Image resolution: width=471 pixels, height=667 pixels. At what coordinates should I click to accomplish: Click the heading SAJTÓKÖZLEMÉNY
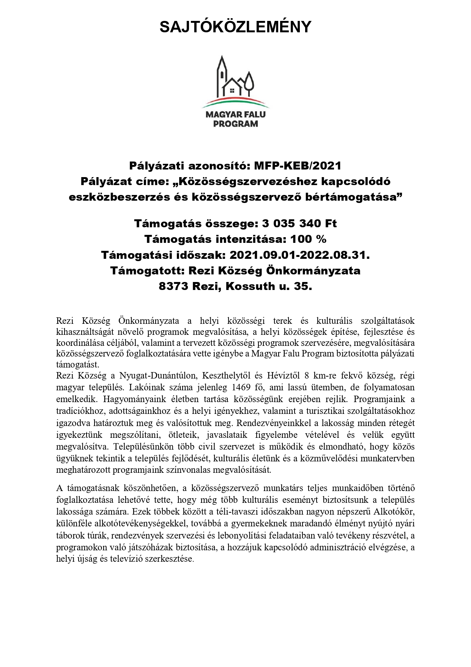click(235, 27)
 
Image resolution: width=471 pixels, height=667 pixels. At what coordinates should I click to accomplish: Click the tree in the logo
click(249, 82)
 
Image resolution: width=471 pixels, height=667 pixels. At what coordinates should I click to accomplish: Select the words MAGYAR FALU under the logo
click(235, 114)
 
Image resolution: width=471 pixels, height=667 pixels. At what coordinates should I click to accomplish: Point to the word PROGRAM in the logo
click(235, 124)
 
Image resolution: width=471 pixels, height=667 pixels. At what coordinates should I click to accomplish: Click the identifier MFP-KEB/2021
click(298, 166)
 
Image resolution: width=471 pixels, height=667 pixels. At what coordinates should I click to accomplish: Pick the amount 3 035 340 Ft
click(294, 223)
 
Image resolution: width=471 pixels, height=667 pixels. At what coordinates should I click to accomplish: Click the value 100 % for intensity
click(308, 239)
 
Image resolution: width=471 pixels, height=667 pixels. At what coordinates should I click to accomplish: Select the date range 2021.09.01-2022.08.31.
click(299, 255)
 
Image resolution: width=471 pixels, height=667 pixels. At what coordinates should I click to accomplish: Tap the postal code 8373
click(174, 286)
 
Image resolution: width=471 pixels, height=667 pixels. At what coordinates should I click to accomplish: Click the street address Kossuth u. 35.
click(269, 286)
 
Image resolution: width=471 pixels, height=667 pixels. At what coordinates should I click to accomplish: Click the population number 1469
click(239, 388)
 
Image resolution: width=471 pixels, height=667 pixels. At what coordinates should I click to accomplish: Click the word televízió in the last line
click(126, 559)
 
